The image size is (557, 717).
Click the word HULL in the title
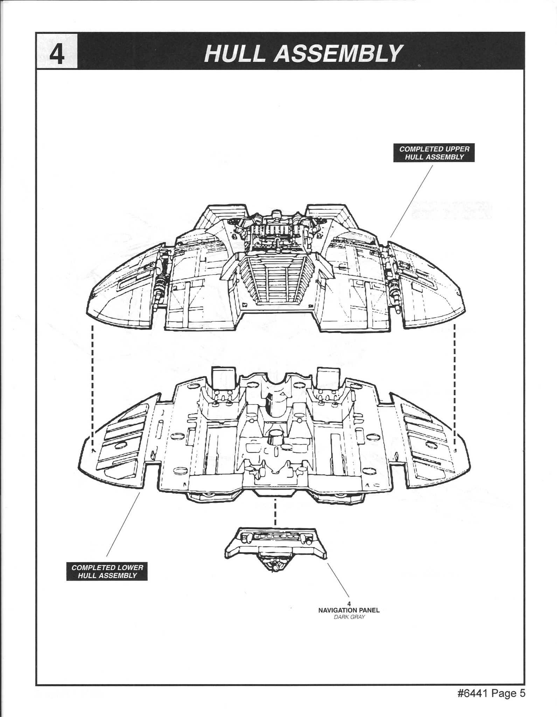point(235,54)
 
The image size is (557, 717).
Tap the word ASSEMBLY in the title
point(338,54)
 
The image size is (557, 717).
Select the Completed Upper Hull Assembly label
point(434,153)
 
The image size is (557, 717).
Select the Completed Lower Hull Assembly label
point(107,571)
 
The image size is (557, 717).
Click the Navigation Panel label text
point(349,610)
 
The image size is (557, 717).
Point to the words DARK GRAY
point(349,617)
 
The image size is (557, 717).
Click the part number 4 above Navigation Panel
point(349,604)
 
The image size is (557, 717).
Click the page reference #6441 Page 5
point(491,694)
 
